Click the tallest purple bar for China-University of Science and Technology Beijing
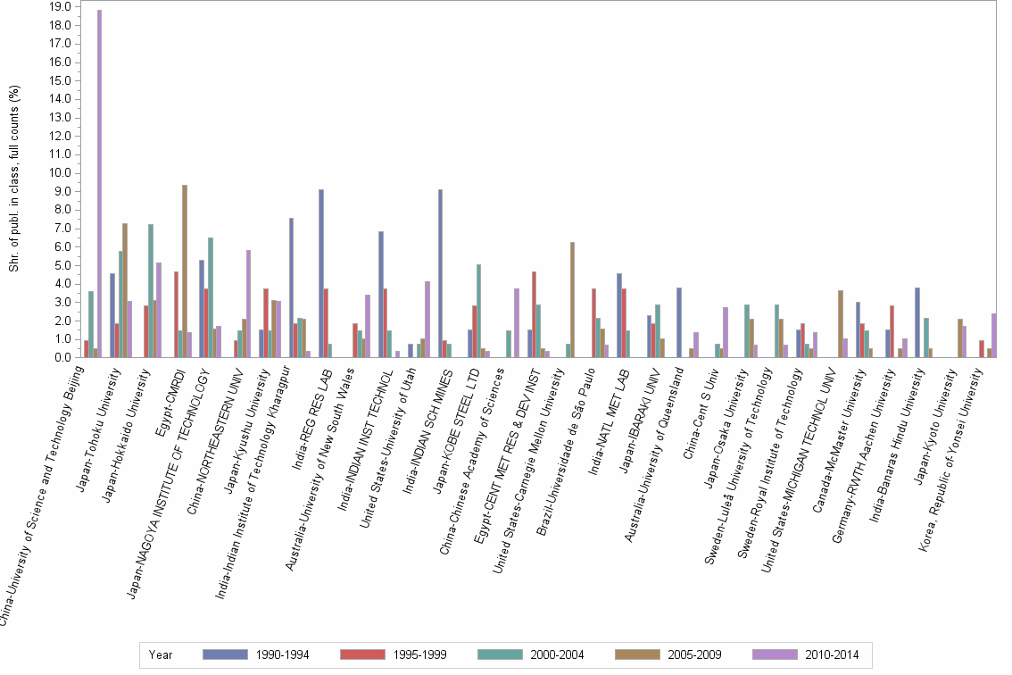pyautogui.click(x=100, y=184)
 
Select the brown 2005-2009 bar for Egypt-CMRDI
pyautogui.click(x=185, y=271)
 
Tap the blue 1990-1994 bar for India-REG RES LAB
pyautogui.click(x=321, y=273)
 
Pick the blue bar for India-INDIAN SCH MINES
pyautogui.click(x=441, y=273)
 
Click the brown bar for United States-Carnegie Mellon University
pyautogui.click(x=572, y=300)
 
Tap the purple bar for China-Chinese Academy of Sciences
pyautogui.click(x=517, y=323)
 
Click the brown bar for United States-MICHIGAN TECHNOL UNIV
pyautogui.click(x=841, y=324)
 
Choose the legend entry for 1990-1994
pyautogui.click(x=257, y=654)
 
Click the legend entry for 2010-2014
pyautogui.click(x=806, y=654)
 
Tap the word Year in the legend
pyautogui.click(x=162, y=654)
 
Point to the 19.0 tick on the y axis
pyautogui.click(x=61, y=6)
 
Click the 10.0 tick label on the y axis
pyautogui.click(x=61, y=172)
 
